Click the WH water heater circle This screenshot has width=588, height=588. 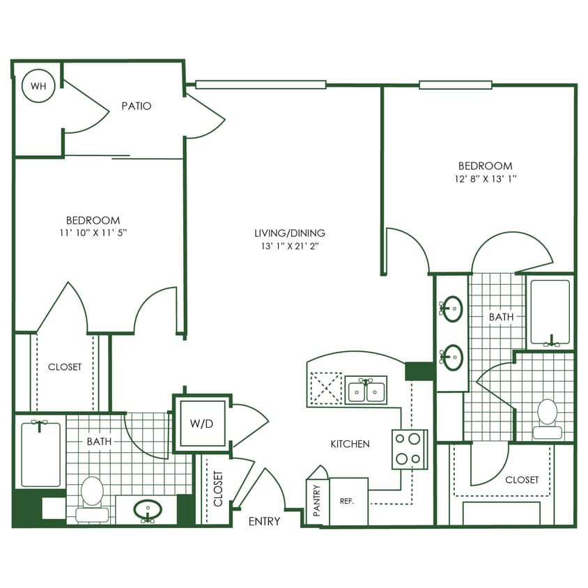coord(38,87)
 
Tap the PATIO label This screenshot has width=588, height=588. coord(137,107)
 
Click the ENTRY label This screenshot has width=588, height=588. coord(264,521)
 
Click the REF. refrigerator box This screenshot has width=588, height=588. coord(348,501)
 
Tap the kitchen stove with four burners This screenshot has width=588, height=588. coord(409,449)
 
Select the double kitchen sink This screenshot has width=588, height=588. coord(366,391)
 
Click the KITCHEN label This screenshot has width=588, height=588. coord(350,444)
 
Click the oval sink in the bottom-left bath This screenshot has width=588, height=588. coord(148,509)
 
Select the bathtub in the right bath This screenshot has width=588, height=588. coord(550,312)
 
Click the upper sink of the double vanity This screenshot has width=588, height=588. coord(453,307)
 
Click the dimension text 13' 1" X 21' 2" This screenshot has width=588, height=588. coord(289,246)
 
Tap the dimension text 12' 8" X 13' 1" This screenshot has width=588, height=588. coord(485,178)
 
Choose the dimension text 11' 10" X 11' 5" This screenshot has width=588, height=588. coord(93,232)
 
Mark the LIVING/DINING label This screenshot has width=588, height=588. coord(289,233)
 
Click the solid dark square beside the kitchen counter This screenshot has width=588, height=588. coord(419,371)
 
